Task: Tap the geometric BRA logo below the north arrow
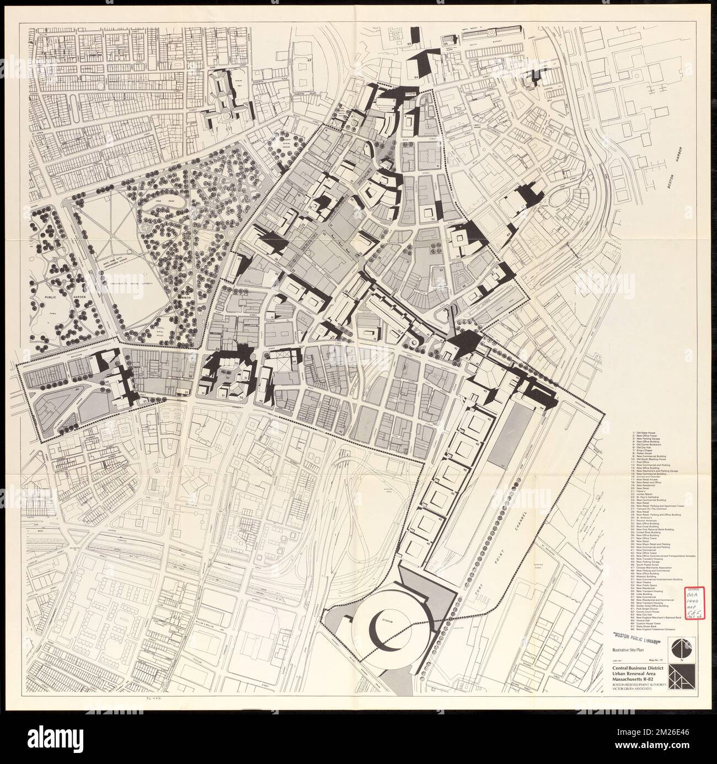tap(678, 677)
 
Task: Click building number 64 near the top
tap(416, 77)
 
